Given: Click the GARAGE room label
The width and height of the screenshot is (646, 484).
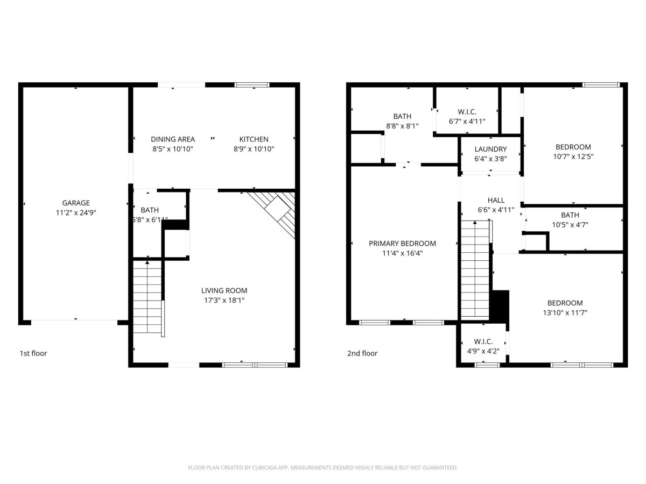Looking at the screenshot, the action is [76, 203].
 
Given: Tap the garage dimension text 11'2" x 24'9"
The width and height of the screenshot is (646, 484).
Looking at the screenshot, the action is [76, 212].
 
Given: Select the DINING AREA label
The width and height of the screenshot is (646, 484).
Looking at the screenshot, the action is [173, 139].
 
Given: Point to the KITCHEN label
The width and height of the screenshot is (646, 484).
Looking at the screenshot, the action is [254, 139].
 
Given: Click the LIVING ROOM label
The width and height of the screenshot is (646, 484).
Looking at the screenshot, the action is [224, 290].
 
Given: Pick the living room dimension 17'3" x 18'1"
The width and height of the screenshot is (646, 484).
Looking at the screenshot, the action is [224, 300].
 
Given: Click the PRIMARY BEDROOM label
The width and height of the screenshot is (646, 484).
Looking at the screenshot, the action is [402, 243].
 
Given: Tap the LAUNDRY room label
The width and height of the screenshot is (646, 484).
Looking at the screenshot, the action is [490, 149].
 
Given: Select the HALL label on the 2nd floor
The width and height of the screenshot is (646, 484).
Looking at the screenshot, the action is [496, 200].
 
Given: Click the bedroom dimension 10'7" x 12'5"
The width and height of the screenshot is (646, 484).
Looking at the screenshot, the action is [573, 156].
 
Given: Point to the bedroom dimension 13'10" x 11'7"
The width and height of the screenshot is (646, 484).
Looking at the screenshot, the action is [565, 312].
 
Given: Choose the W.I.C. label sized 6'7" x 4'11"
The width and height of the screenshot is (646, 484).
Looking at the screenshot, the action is [467, 112].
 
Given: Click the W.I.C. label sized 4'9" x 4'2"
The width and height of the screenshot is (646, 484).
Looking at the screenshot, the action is [483, 341].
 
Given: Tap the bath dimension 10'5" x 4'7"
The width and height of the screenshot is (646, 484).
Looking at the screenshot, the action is [570, 225].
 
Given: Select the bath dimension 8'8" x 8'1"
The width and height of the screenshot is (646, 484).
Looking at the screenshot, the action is [402, 126].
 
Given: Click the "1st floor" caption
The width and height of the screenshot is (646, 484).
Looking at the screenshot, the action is [33, 353].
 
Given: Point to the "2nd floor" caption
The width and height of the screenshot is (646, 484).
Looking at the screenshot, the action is [362, 353].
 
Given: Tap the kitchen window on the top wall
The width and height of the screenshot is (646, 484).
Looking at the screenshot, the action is [252, 84].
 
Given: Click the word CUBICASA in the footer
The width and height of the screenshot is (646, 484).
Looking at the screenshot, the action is [264, 467].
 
